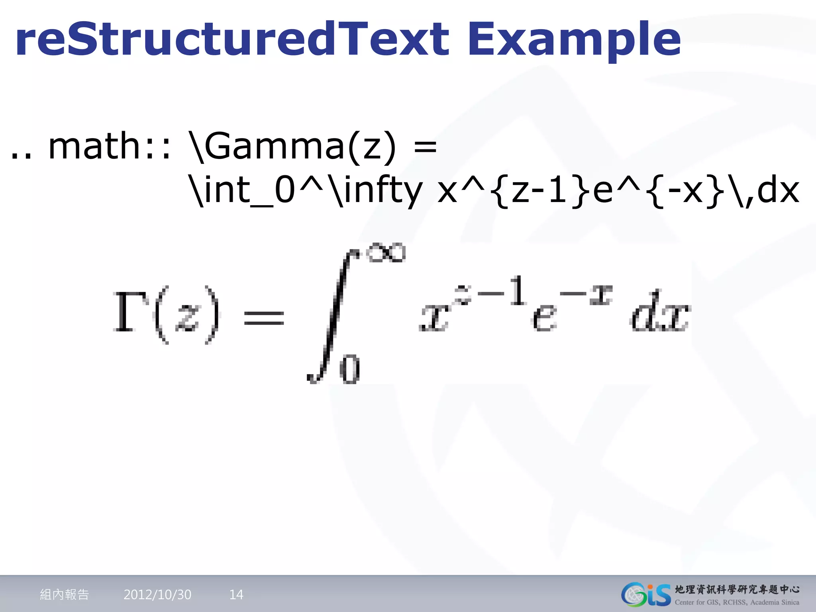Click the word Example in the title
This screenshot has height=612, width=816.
[574, 40]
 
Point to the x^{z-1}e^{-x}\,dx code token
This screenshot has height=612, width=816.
[618, 190]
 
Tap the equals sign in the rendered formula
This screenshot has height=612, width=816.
[264, 318]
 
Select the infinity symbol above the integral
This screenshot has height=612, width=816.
[386, 253]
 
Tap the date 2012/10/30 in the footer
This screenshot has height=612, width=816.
[157, 594]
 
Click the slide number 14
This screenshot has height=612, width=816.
[236, 594]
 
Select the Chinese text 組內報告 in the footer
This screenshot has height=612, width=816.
[65, 594]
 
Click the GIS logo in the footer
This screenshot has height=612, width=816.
[646, 594]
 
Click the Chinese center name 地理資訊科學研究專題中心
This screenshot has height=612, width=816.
[737, 589]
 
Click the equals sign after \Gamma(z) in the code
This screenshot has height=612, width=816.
[425, 146]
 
